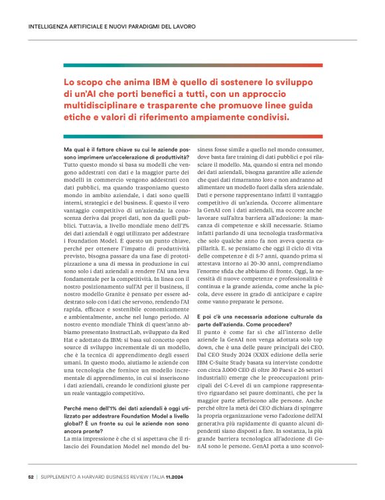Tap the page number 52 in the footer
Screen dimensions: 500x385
[31, 476]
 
